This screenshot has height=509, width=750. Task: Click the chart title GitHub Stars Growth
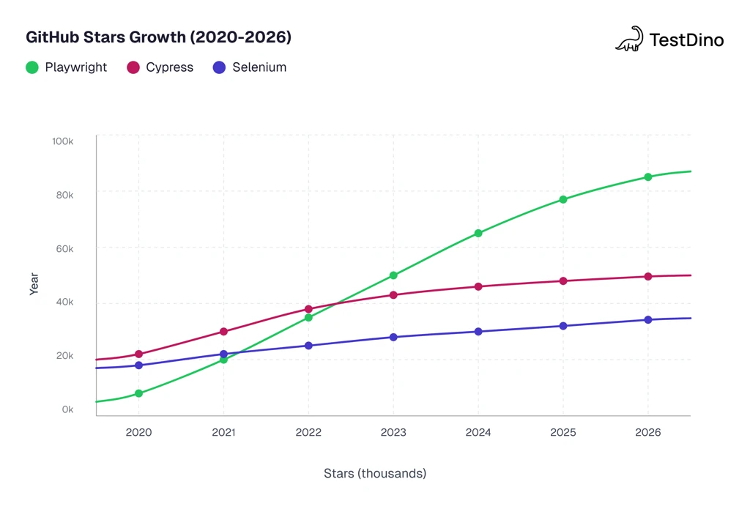[158, 37]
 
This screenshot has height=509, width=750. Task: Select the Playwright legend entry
[66, 67]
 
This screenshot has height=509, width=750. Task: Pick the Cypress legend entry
[160, 67]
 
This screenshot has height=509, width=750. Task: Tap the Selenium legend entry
[249, 67]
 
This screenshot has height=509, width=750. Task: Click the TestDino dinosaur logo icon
[629, 39]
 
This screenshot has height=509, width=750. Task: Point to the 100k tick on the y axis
[63, 141]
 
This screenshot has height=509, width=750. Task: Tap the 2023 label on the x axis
[393, 433]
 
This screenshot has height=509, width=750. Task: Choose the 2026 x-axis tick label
[648, 433]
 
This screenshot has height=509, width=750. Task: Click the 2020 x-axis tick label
[138, 433]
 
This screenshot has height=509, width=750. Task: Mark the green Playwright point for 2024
[478, 234]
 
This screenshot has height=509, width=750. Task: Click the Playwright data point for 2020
[138, 394]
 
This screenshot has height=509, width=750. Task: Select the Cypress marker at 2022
[308, 309]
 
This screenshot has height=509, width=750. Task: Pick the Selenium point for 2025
[563, 326]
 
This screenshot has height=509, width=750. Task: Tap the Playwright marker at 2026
[648, 177]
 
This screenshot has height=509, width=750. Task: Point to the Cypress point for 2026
[648, 277]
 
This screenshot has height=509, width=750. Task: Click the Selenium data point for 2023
[393, 338]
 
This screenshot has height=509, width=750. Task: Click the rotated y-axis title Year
[34, 284]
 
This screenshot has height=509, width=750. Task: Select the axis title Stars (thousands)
[375, 474]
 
